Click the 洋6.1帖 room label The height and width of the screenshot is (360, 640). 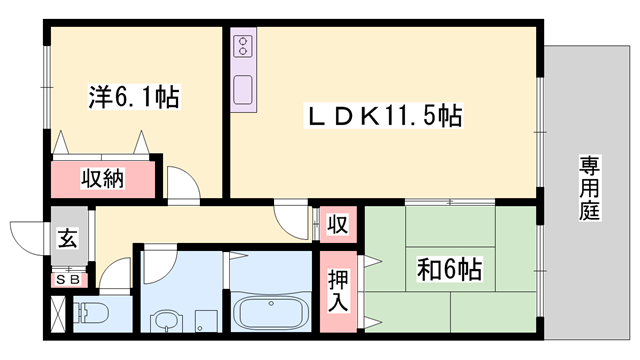point(134,97)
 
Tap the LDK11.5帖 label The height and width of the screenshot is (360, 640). point(383,116)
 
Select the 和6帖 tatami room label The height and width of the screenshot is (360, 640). point(449,269)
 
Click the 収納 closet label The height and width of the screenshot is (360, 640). point(102,178)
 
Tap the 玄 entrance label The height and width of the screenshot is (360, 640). point(68,238)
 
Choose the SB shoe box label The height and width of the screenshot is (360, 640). point(68,280)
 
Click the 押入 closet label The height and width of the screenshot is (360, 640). point(338,291)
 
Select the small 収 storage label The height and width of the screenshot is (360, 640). point(338,224)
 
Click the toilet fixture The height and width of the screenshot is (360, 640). point(91,313)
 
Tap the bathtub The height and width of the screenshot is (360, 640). point(271,313)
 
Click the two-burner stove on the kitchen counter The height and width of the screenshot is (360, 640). point(243,46)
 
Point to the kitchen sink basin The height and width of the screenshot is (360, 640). point(243,89)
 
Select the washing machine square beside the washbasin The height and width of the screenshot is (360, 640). point(206,321)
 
